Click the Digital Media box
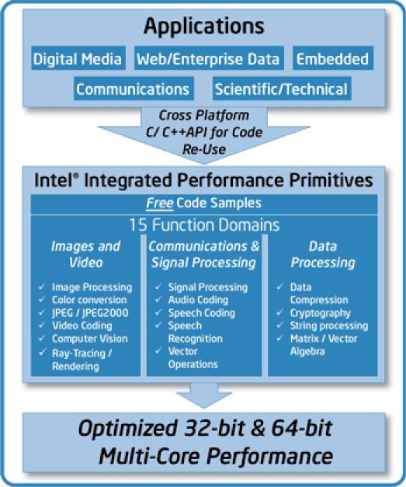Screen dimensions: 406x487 [x=78, y=58]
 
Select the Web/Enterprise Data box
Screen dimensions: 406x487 [x=209, y=58]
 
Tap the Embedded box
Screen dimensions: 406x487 [x=333, y=58]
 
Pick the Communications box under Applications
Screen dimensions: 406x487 [x=134, y=89]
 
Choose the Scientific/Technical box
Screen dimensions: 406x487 [x=282, y=89]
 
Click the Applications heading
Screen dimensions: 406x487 [x=204, y=26]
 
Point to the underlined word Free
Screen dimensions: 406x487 [x=160, y=203]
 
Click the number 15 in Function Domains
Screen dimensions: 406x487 [x=138, y=224]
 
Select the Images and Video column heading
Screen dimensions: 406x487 [x=85, y=254]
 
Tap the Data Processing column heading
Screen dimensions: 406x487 [x=323, y=254]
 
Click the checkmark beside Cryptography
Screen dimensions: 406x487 [x=280, y=311]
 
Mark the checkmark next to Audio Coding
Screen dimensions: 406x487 [x=158, y=299]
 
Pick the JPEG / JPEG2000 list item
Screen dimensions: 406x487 [x=90, y=313]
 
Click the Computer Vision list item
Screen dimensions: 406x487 [x=90, y=339]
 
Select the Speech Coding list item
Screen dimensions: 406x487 [x=202, y=313]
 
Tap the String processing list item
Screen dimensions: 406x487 [x=329, y=325]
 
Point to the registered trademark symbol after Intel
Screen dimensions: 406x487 [x=76, y=176]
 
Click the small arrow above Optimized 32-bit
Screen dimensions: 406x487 [x=204, y=395]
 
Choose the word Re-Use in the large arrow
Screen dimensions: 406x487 [x=204, y=149]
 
